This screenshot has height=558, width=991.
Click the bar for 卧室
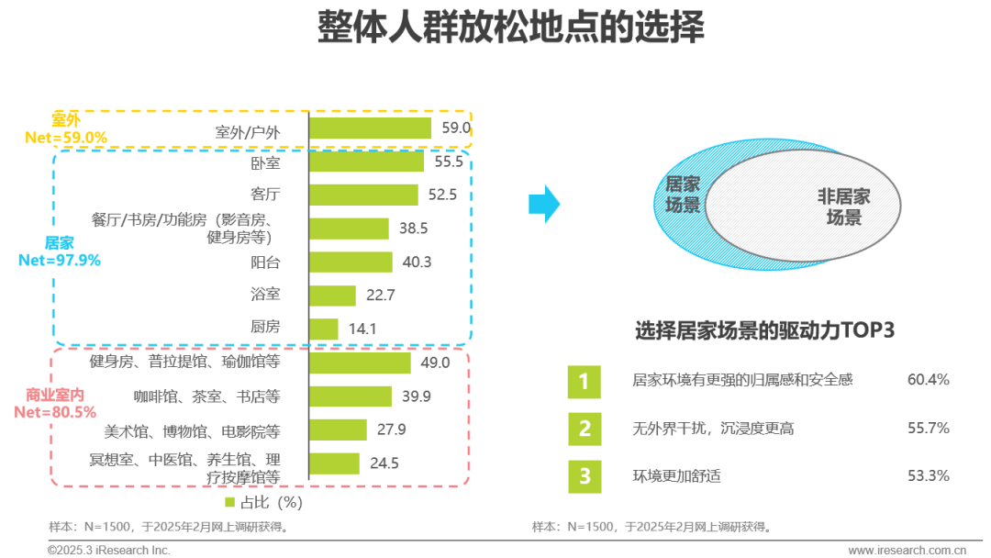366,162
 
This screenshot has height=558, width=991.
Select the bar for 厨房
324,329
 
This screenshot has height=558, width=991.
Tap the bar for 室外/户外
371,128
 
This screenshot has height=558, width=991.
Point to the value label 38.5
413,229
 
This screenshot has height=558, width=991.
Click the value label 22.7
381,296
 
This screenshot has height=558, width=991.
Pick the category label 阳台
265,262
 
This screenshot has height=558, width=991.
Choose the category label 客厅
265,194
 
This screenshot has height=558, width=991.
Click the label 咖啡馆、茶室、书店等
206,396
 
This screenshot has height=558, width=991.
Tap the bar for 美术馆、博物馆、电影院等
338,430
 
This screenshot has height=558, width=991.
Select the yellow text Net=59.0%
66,137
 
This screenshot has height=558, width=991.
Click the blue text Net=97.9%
60,260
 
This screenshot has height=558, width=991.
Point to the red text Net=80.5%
55,412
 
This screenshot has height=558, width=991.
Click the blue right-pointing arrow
544,204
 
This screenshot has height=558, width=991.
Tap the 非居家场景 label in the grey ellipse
844,206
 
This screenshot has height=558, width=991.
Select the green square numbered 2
585,430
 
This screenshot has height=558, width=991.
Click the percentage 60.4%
929,379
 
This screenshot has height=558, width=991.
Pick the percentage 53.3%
929,475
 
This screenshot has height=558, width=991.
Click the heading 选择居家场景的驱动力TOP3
764,329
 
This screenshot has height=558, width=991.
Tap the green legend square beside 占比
230,502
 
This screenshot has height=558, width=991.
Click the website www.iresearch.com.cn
907,551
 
